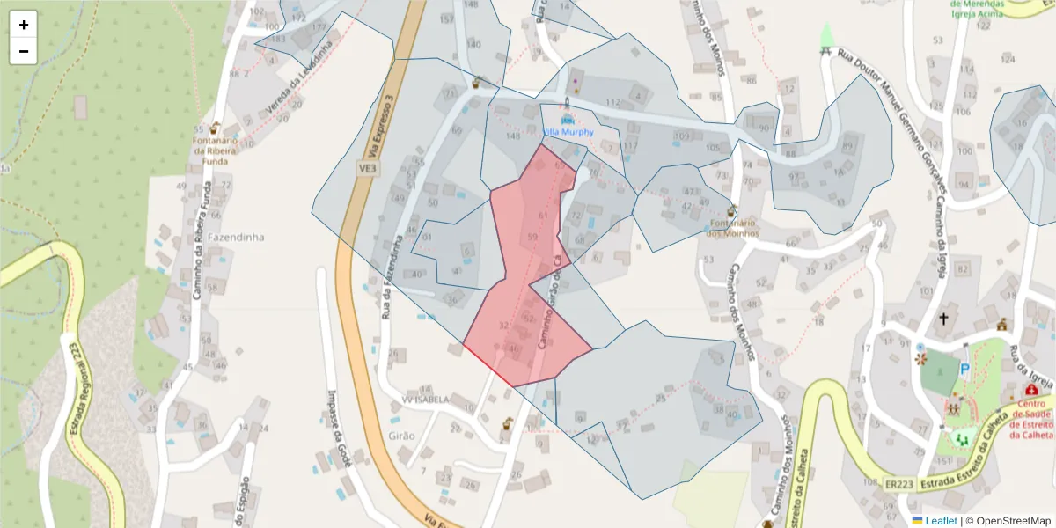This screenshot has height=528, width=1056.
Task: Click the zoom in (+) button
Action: pyautogui.click(x=24, y=25)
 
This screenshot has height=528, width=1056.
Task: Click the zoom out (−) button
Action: pyautogui.click(x=24, y=51)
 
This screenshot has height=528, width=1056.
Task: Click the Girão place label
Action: pyautogui.click(x=400, y=436)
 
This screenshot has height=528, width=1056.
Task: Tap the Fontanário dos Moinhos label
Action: pyautogui.click(x=734, y=228)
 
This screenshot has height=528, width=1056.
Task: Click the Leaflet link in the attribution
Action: pyautogui.click(x=941, y=521)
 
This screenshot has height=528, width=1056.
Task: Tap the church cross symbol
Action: pyautogui.click(x=944, y=318)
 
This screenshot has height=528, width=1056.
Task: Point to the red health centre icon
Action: pyautogui.click(x=1031, y=389)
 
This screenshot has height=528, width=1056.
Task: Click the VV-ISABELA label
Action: pyautogui.click(x=426, y=399)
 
